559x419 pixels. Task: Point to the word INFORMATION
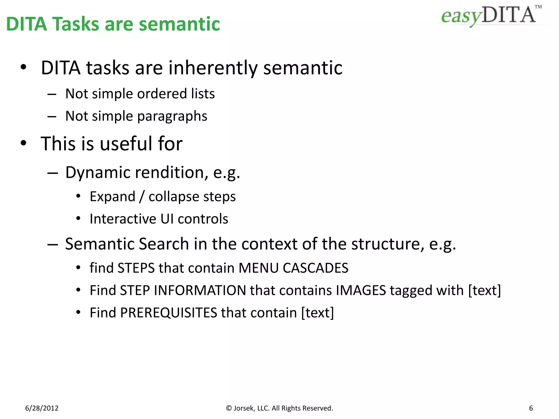pos(200,290)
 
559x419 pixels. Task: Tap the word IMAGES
pos(361,290)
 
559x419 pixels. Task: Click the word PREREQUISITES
pos(168,313)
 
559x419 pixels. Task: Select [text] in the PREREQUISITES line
pos(317,313)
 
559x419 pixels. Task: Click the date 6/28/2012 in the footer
pos(42,408)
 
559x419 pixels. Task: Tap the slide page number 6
pos(531,408)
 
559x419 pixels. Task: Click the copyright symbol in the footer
pos(229,408)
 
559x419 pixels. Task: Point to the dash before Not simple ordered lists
pos(52,94)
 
